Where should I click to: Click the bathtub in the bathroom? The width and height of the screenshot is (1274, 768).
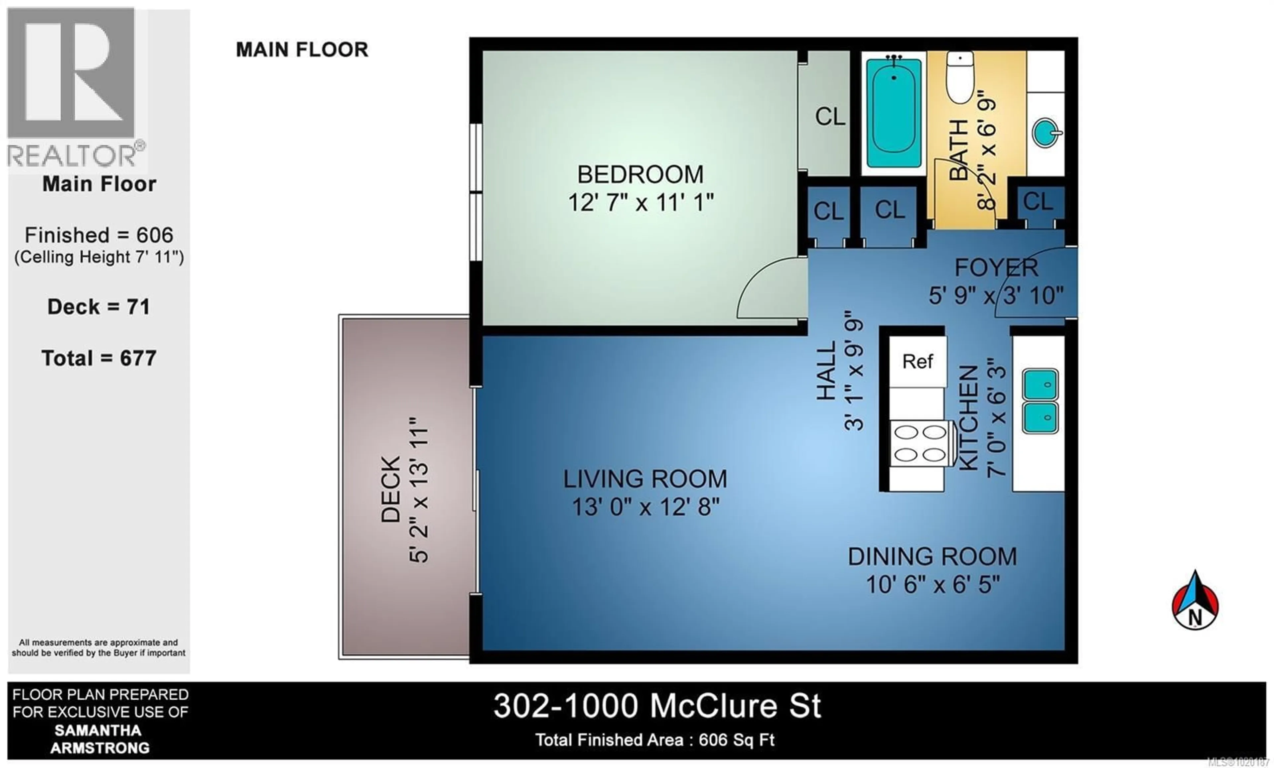(893, 113)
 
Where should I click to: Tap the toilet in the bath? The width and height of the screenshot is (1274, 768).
(959, 78)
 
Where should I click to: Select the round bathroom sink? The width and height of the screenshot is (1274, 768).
(1045, 133)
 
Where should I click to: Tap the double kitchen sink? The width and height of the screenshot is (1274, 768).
(1040, 401)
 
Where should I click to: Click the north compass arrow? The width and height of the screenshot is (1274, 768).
(1195, 601)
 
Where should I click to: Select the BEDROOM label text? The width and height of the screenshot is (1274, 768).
(640, 175)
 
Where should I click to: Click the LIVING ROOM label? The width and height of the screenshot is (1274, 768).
(645, 479)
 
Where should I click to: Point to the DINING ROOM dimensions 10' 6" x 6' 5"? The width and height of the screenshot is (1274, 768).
(933, 585)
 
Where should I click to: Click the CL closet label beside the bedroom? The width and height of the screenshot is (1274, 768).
(830, 117)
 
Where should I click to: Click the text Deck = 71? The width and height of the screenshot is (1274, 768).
(99, 307)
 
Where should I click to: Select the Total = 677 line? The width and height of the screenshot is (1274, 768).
(99, 358)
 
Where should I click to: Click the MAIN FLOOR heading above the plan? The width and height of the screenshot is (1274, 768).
(302, 50)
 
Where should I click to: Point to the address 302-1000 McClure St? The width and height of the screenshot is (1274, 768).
(657, 706)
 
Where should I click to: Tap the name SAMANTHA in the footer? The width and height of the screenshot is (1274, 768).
(98, 730)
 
